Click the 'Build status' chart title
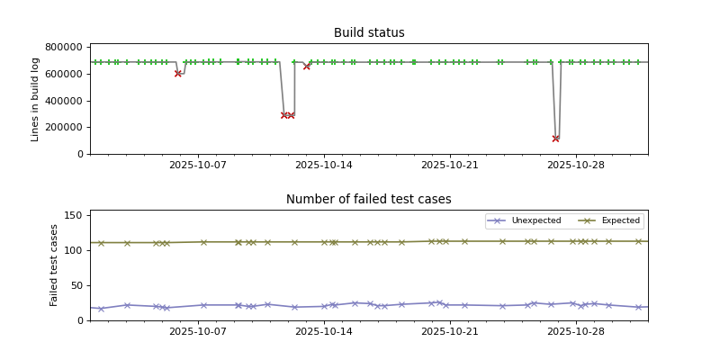point(369,33)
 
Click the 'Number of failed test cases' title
point(369,200)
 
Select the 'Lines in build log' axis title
point(36,99)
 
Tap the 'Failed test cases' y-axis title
point(54,265)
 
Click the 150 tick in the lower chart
point(74,215)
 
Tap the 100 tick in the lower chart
point(74,250)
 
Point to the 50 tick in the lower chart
point(76,285)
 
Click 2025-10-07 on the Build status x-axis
point(198,165)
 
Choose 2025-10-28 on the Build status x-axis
point(574,165)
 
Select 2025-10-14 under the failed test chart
point(323,331)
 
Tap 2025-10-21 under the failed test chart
point(449,331)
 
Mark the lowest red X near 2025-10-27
point(555,139)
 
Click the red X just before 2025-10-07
point(178,74)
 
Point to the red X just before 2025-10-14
point(307,66)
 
